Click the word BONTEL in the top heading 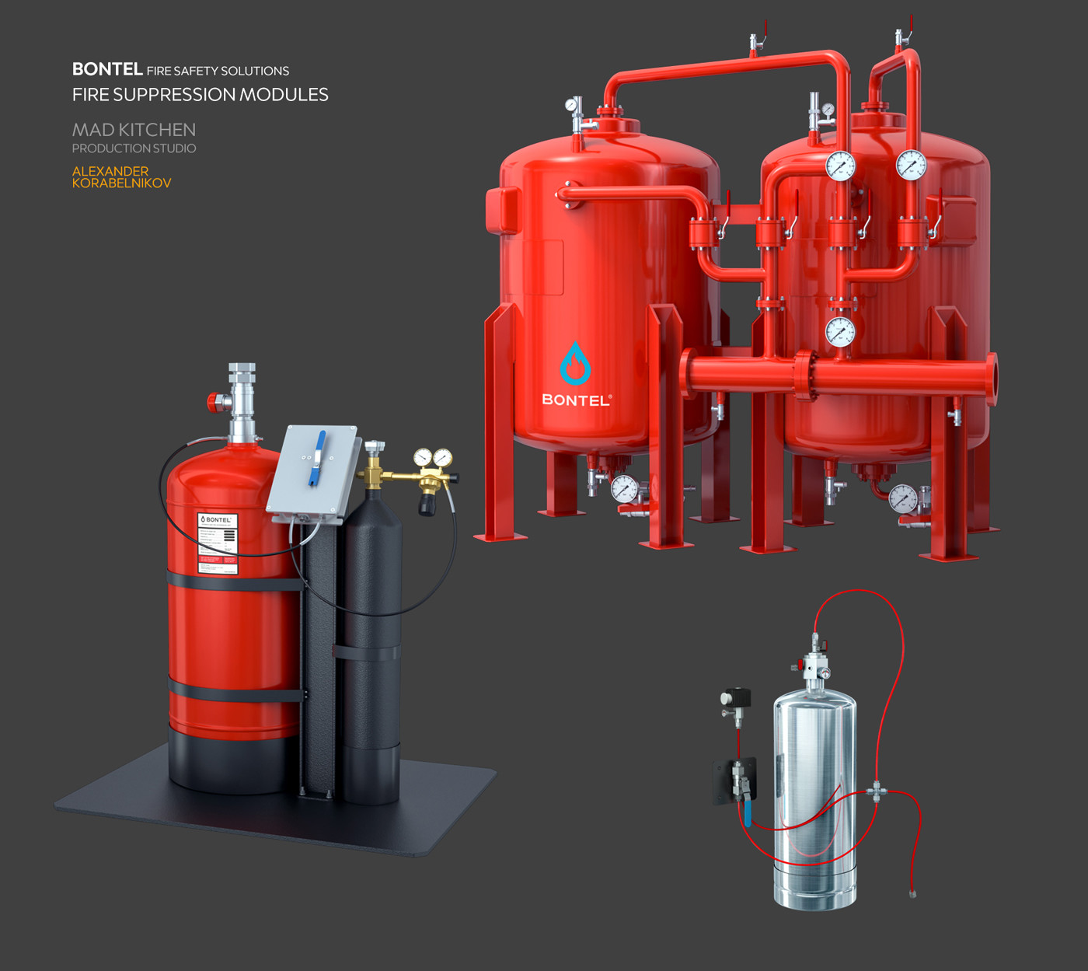[x=107, y=69]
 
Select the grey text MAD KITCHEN [x=134, y=130]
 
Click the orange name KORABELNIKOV [x=121, y=183]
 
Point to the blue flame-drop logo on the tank [x=575, y=364]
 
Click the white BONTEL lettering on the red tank [x=576, y=400]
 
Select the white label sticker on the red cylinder [x=218, y=543]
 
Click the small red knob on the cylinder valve [x=212, y=402]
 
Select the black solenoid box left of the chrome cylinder [x=735, y=697]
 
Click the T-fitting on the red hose [x=877, y=791]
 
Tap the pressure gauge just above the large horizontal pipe [x=840, y=332]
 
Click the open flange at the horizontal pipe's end [x=992, y=379]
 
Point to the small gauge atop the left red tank [x=571, y=104]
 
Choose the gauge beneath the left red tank [x=624, y=489]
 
